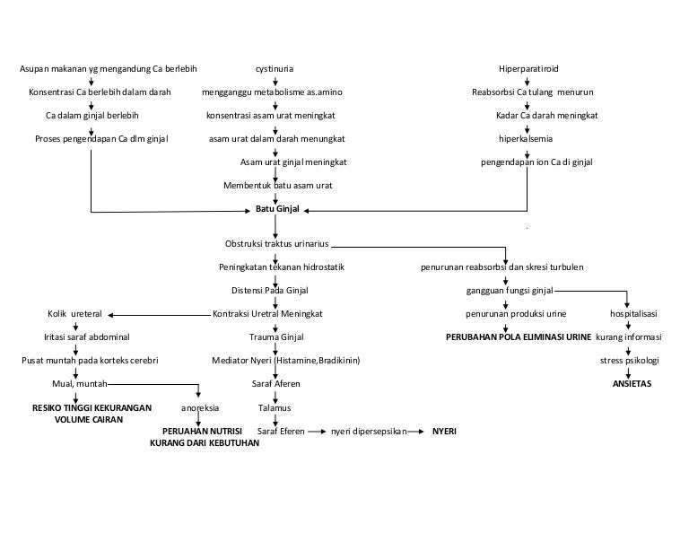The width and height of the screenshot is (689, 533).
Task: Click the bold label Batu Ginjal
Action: [x=277, y=210]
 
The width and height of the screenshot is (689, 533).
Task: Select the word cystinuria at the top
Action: [x=275, y=69]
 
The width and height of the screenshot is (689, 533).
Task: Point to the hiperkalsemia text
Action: [x=527, y=139]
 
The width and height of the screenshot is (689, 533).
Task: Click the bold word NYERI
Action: [x=444, y=431]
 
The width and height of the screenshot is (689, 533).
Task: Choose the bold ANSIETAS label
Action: [x=632, y=383]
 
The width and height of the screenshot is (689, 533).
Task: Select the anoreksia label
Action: [x=200, y=407]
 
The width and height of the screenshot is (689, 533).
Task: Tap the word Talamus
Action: [x=275, y=407]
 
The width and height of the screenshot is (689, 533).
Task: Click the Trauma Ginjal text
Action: [x=276, y=337]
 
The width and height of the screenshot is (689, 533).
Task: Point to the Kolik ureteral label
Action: [x=74, y=314]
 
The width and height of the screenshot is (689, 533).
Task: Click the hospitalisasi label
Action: [x=633, y=314]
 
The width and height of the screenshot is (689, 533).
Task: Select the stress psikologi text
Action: [x=630, y=361]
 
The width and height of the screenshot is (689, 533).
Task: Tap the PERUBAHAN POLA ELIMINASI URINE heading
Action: [x=519, y=337]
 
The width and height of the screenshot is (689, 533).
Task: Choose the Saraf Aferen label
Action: [x=276, y=384]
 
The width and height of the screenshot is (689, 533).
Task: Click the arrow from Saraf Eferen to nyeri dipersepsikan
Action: [x=316, y=432]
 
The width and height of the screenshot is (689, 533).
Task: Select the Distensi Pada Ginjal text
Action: [x=270, y=291]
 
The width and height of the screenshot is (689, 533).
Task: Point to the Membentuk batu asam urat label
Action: [x=278, y=186]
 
